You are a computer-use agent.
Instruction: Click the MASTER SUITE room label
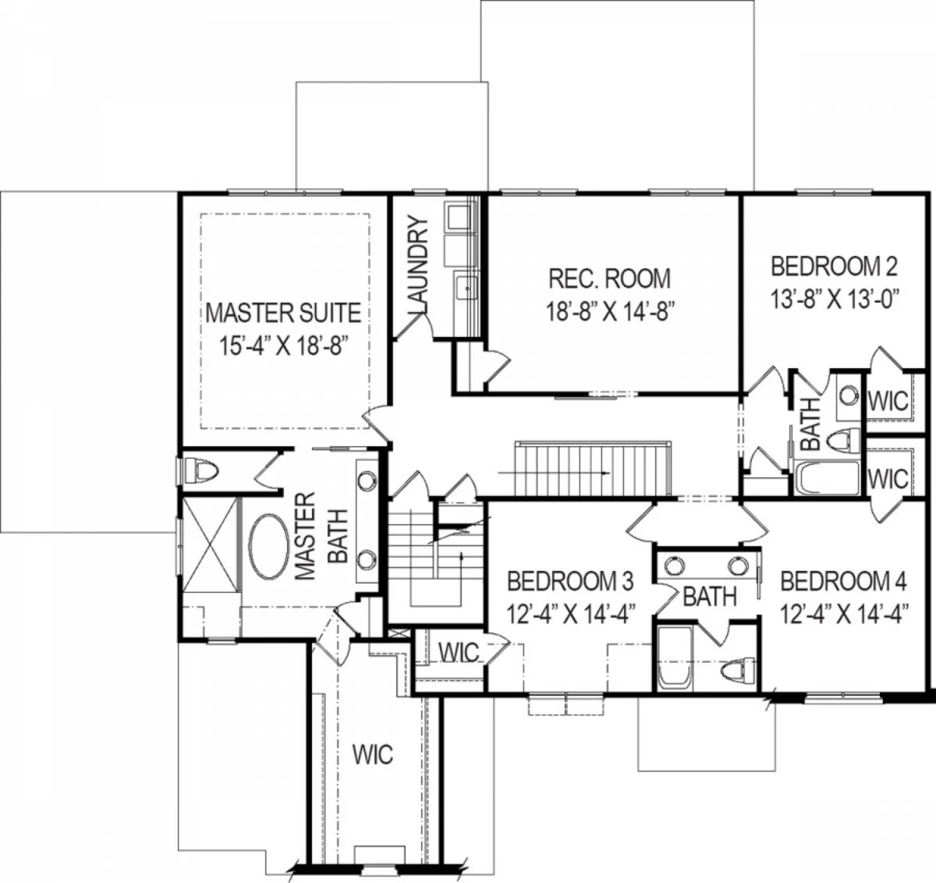click(283, 313)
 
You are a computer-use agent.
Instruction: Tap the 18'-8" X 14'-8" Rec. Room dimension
click(609, 311)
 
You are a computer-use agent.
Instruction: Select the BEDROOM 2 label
click(834, 266)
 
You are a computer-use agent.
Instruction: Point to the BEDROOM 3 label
click(570, 582)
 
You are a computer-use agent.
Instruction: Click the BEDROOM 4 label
click(843, 582)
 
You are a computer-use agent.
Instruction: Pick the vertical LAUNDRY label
click(417, 264)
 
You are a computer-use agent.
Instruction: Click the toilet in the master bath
click(201, 470)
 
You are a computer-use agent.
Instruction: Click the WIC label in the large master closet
click(373, 755)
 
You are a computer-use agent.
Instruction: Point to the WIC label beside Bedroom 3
click(459, 653)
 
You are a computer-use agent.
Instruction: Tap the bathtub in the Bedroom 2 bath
click(827, 477)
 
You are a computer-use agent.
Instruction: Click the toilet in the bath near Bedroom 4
click(738, 670)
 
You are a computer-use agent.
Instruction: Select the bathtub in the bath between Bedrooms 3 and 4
click(675, 658)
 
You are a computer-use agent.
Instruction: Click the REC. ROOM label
click(609, 278)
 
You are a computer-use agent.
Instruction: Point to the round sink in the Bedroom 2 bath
click(849, 395)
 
